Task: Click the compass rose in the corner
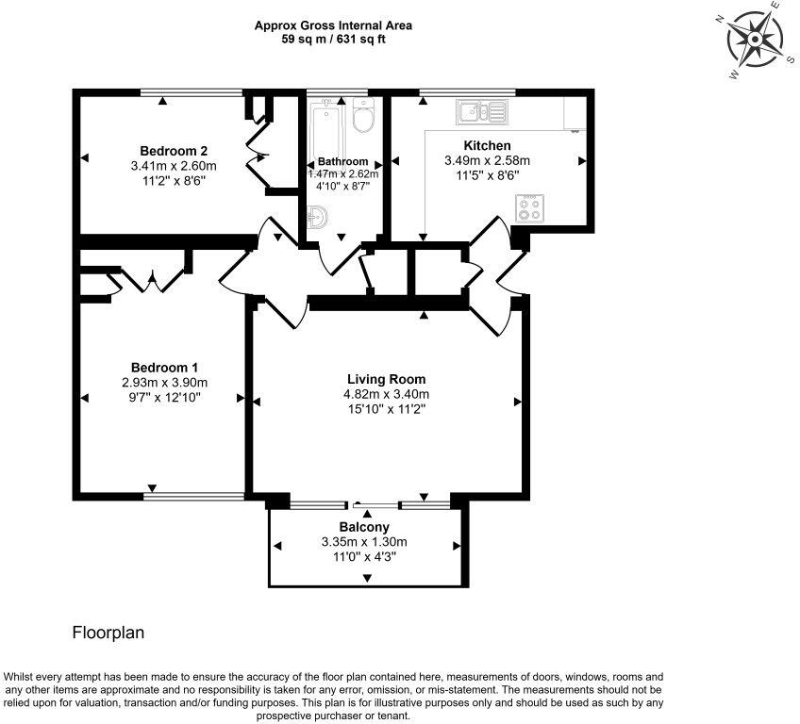pyautogui.click(x=755, y=39)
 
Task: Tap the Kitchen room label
pyautogui.click(x=487, y=145)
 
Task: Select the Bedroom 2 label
pyautogui.click(x=173, y=151)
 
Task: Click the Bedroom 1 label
pyautogui.click(x=164, y=367)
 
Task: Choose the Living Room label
pyautogui.click(x=385, y=380)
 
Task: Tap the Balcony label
pyautogui.click(x=363, y=527)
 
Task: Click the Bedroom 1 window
pyautogui.click(x=194, y=494)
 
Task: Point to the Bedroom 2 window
pyautogui.click(x=191, y=91)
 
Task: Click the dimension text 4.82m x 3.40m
pyautogui.click(x=385, y=394)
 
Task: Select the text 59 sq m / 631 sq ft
pyautogui.click(x=333, y=40)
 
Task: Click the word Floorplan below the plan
pyautogui.click(x=108, y=633)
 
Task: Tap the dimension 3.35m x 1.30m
pyautogui.click(x=363, y=542)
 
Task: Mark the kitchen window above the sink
pyautogui.click(x=467, y=91)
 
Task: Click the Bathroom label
pyautogui.click(x=342, y=161)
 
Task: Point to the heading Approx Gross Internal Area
pyautogui.click(x=333, y=26)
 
